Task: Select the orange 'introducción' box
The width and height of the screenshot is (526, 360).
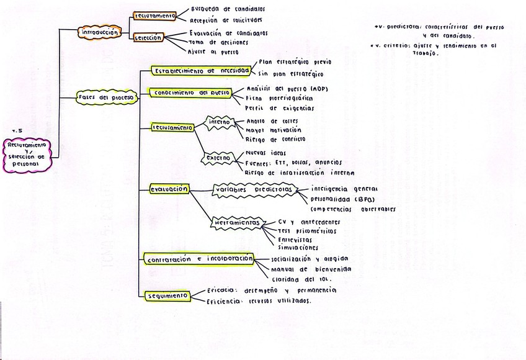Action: (99, 32)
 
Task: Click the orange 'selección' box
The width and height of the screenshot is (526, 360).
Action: (148, 37)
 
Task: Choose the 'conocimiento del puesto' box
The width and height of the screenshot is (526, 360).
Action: (189, 93)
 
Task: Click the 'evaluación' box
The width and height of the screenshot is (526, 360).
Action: (169, 189)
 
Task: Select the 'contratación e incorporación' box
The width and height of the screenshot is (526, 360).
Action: (198, 258)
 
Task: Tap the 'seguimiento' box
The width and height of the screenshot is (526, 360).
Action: (167, 295)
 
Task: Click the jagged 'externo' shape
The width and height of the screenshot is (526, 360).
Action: (218, 159)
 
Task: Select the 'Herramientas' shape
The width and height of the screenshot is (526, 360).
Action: (236, 222)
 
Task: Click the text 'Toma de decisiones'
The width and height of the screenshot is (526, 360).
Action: (218, 43)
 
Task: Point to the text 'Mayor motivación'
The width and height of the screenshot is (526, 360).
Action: (274, 130)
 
